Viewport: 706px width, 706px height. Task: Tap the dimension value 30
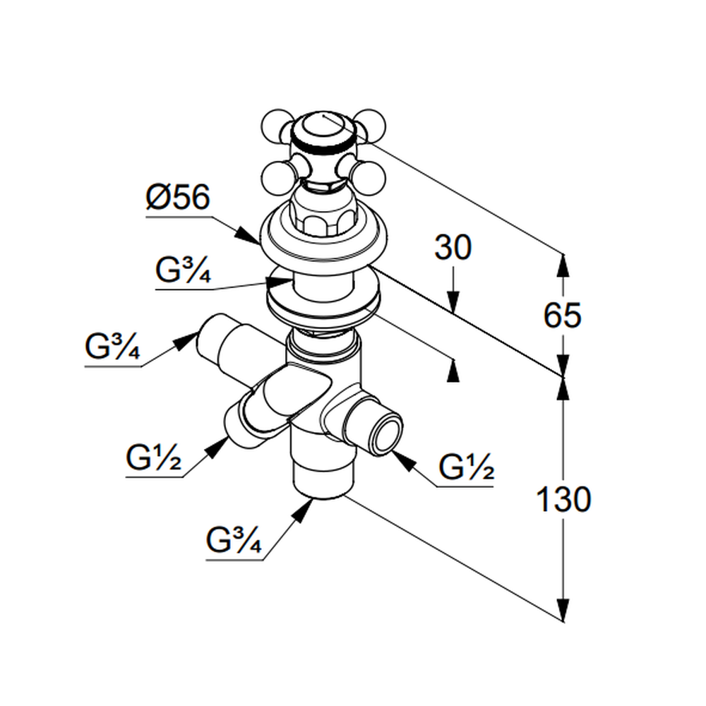point(453,248)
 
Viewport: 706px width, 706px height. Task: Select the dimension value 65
point(562,315)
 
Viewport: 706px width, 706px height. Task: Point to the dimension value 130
point(563,500)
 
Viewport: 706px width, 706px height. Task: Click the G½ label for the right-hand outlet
point(465,468)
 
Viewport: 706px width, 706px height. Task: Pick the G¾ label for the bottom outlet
point(234,542)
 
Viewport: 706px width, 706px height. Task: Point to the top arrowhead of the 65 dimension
point(563,263)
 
